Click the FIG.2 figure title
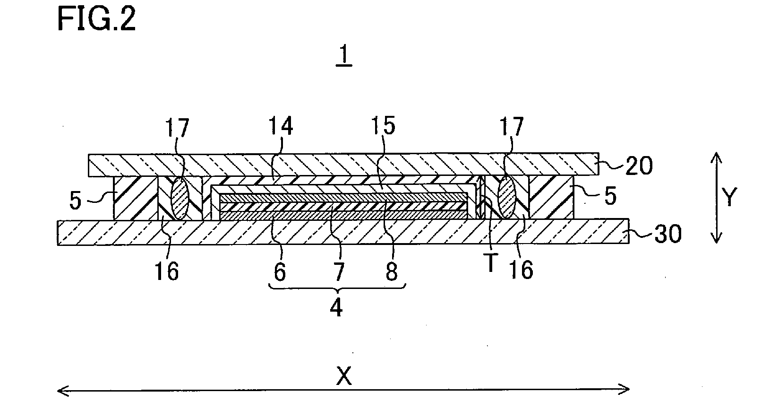coord(96,20)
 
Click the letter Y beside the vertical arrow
coord(729,198)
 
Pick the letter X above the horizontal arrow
coord(344,376)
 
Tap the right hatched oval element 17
coord(506,198)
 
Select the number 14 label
coord(280,127)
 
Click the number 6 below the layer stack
coord(280,272)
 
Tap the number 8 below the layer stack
coord(391,272)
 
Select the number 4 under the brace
coord(336,308)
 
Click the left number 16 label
coord(167,271)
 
